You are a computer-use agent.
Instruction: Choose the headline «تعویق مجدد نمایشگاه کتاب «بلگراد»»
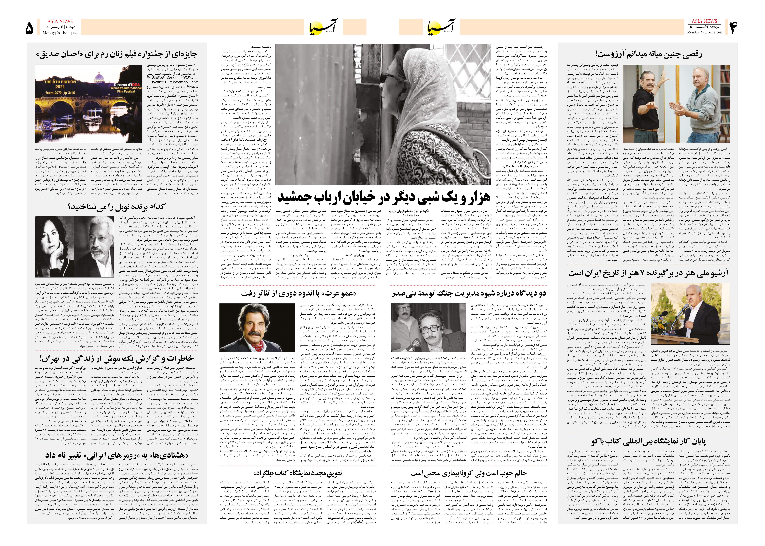(x=298, y=473)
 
